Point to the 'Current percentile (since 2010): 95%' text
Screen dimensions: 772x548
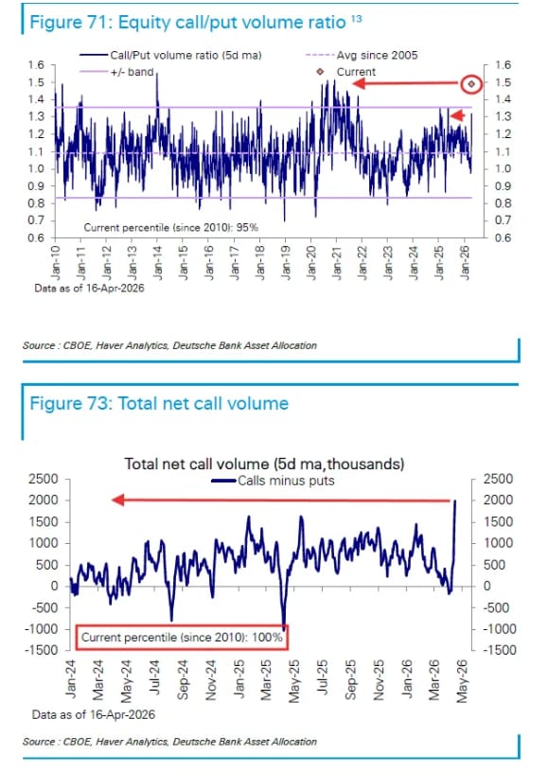click(x=170, y=227)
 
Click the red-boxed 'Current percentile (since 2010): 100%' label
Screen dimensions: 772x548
click(x=181, y=638)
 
